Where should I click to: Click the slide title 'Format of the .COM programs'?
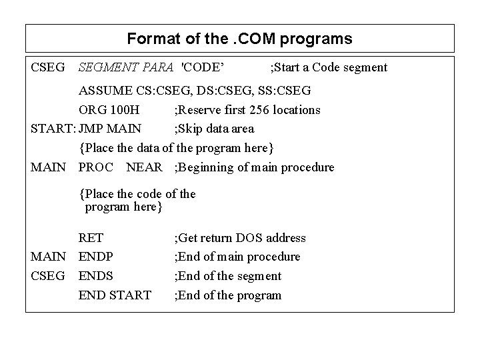[x=239, y=39]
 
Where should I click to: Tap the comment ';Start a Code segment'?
[x=328, y=67]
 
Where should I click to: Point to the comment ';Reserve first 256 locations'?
[x=247, y=109]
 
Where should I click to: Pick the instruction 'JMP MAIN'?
[x=110, y=129]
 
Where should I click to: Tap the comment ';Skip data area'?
[x=213, y=129]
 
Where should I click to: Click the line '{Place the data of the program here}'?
[x=177, y=147]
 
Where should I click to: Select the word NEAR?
[x=144, y=167]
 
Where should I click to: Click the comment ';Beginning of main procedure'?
[x=254, y=167]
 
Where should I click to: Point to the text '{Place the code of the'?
[x=137, y=194]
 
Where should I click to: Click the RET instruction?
[x=91, y=238]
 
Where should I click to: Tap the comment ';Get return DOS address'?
[x=240, y=238]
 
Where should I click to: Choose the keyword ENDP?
[x=96, y=257]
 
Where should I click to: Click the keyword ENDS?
[x=96, y=276]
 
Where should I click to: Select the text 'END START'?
[x=115, y=295]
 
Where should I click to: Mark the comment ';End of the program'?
[x=227, y=295]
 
